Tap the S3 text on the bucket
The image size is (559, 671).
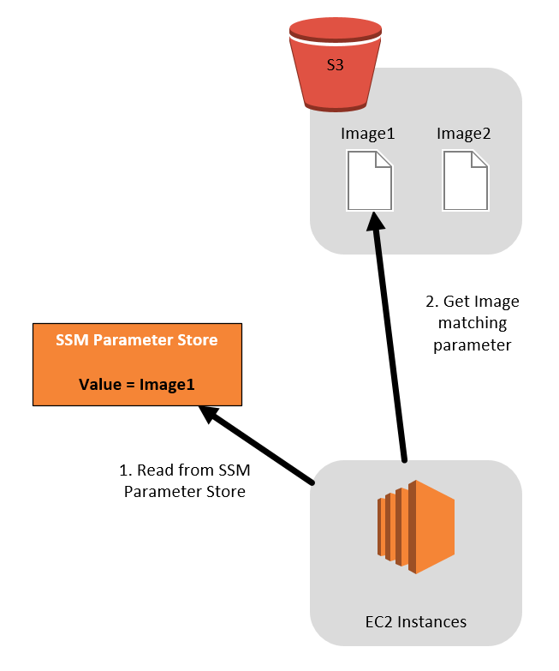click(x=335, y=64)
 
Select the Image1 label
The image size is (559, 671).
click(x=367, y=134)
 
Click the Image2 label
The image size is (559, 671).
click(x=463, y=134)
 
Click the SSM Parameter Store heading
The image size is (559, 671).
click(x=137, y=340)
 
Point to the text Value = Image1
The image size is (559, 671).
click(x=137, y=385)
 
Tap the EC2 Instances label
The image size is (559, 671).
click(x=416, y=621)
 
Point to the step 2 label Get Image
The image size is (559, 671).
click(x=472, y=302)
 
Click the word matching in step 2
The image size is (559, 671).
click(x=472, y=323)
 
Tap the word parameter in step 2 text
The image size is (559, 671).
click(x=472, y=344)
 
